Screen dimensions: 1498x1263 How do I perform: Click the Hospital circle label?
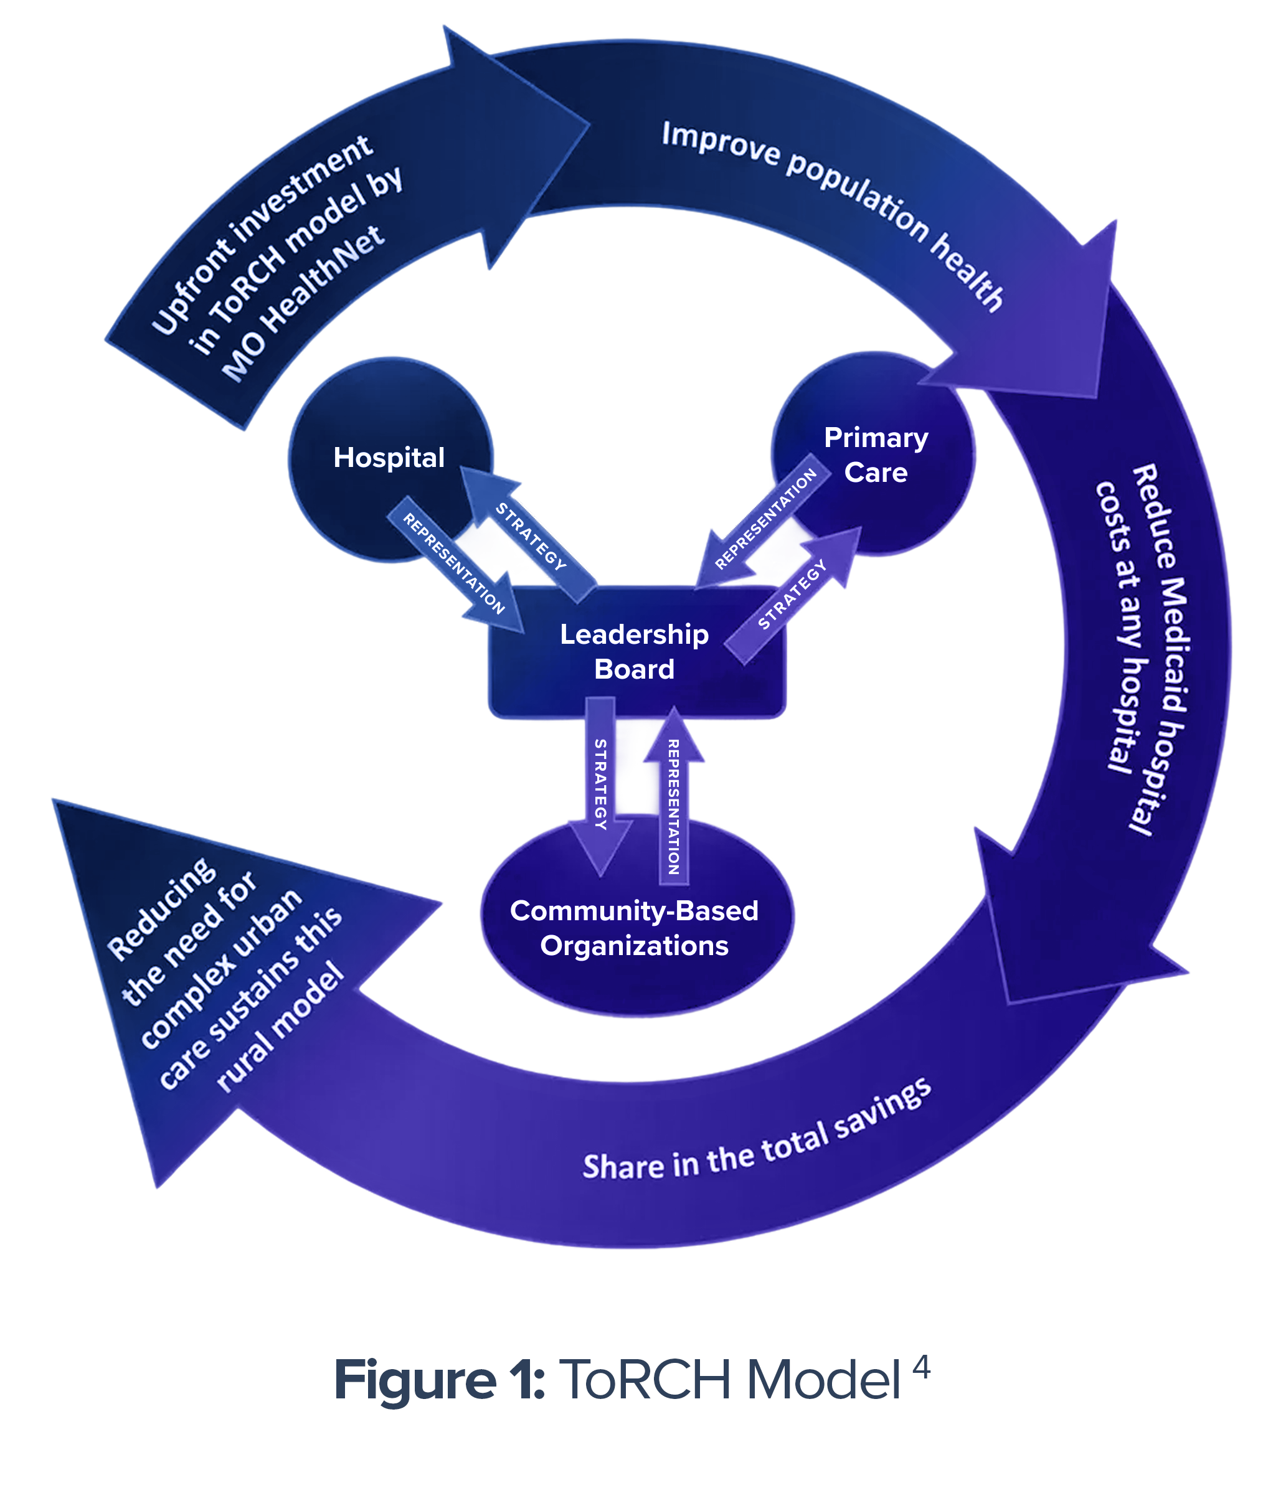389,458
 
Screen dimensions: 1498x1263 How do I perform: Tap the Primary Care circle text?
876,455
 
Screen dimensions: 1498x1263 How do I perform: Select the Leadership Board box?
635,651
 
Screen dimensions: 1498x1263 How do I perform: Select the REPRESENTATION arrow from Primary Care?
765,519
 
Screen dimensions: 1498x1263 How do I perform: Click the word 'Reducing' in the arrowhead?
161,909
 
